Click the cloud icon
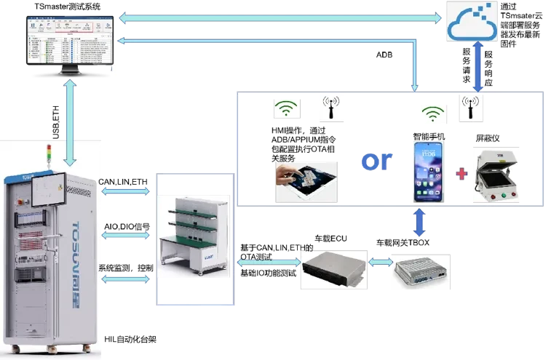point(472,20)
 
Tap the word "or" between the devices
point(376,161)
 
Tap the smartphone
point(430,172)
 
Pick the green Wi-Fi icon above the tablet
point(288,110)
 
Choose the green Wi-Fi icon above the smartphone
point(433,115)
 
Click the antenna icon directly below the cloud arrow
point(470,107)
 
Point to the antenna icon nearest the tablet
point(332,108)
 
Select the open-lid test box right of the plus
point(498,175)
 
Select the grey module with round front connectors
point(421,271)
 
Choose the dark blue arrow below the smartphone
point(419,223)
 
